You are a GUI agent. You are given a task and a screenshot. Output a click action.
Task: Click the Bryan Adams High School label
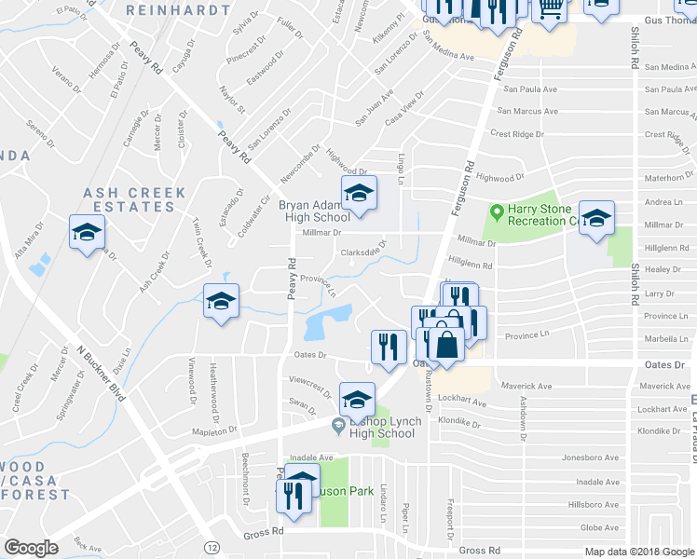tap(313, 211)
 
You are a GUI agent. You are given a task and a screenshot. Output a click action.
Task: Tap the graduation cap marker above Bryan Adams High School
tap(358, 194)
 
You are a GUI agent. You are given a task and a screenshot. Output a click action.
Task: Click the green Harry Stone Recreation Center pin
tap(498, 212)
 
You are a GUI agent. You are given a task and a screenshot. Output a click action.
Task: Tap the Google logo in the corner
tap(31, 548)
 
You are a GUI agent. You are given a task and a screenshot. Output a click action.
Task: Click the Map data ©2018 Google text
tap(638, 552)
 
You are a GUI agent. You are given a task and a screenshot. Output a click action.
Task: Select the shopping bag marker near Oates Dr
tap(447, 345)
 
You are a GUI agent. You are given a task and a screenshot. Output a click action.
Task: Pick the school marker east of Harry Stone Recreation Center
tap(596, 218)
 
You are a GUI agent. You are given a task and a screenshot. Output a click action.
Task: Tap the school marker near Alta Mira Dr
tap(87, 232)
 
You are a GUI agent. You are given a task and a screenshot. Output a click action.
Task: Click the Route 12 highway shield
tap(212, 545)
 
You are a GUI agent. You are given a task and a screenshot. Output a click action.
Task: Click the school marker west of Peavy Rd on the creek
tap(221, 302)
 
